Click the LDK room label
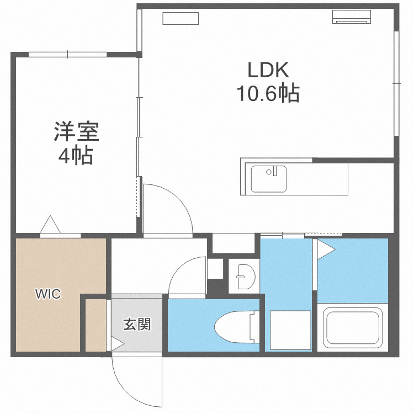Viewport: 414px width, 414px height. (268, 70)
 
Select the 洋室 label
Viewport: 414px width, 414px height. (76, 132)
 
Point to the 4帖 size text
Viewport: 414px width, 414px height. (76, 156)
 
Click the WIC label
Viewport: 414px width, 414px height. (49, 294)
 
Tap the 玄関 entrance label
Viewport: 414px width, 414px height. (136, 324)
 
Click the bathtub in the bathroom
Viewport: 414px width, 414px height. (353, 326)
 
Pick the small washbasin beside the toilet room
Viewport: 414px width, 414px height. (243, 276)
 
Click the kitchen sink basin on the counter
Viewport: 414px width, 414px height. (269, 178)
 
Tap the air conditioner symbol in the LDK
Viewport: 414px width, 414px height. (352, 17)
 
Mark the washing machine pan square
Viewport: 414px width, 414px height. (290, 330)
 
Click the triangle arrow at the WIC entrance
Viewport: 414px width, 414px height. (51, 225)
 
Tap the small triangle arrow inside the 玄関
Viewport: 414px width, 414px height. (116, 343)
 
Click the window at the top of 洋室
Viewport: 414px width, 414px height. (67, 54)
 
